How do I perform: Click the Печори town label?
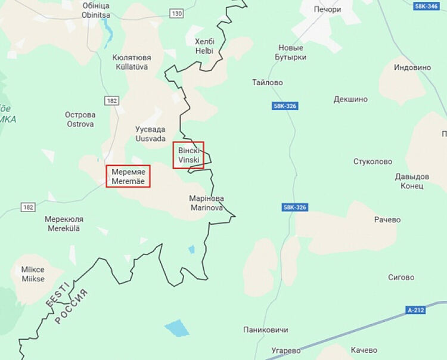coord(327,10)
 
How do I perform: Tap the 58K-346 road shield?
coord(427,6)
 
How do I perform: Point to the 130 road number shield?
coord(176,13)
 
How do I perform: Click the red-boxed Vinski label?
coord(188,155)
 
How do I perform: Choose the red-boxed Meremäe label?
coord(128,176)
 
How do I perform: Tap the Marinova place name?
coord(206,203)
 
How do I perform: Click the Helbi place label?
coord(204,46)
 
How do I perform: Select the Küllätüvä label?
coord(132,63)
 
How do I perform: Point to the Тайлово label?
coord(268,83)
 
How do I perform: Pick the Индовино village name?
coord(412,67)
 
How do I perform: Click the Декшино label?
coord(350,99)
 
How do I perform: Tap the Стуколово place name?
coord(372,162)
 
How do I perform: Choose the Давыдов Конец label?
coord(412,181)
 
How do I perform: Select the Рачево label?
coord(387,220)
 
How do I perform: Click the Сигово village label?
coord(401,277)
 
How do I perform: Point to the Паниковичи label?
coord(266,330)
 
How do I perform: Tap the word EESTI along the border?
coord(58,296)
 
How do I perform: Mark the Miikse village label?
coord(33,275)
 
